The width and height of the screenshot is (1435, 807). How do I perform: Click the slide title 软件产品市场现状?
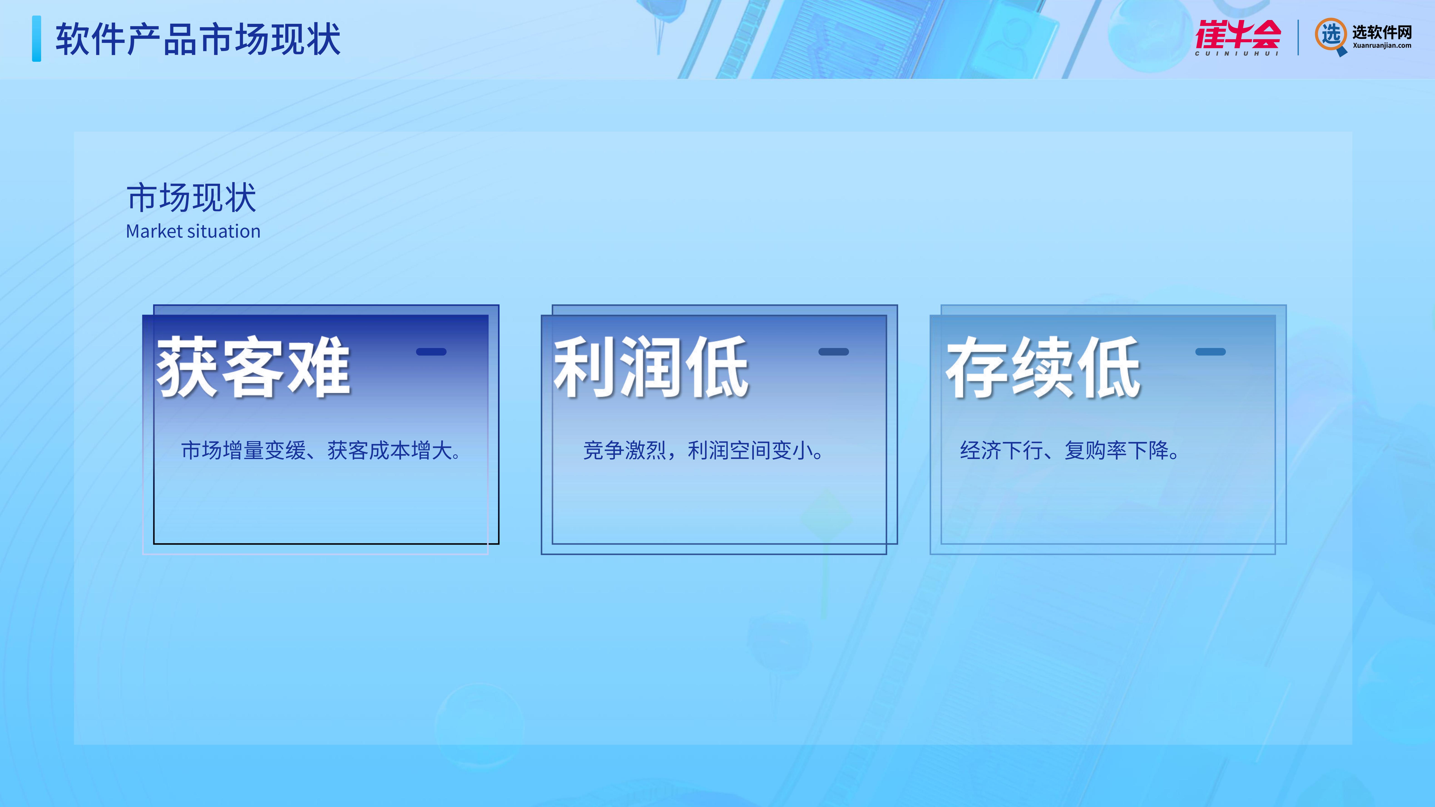pos(198,39)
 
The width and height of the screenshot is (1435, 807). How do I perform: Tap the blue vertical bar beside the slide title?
pos(37,38)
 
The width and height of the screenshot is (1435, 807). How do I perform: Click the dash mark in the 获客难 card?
pos(431,351)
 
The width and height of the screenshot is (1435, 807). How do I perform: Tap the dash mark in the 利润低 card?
pos(833,351)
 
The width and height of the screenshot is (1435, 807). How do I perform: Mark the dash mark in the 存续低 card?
pos(1210,351)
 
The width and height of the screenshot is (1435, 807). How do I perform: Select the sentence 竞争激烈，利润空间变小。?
pos(703,450)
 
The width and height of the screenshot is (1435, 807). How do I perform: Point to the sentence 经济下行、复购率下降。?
pos(1070,450)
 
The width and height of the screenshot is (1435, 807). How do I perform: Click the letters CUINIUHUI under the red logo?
pos(1237,54)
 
